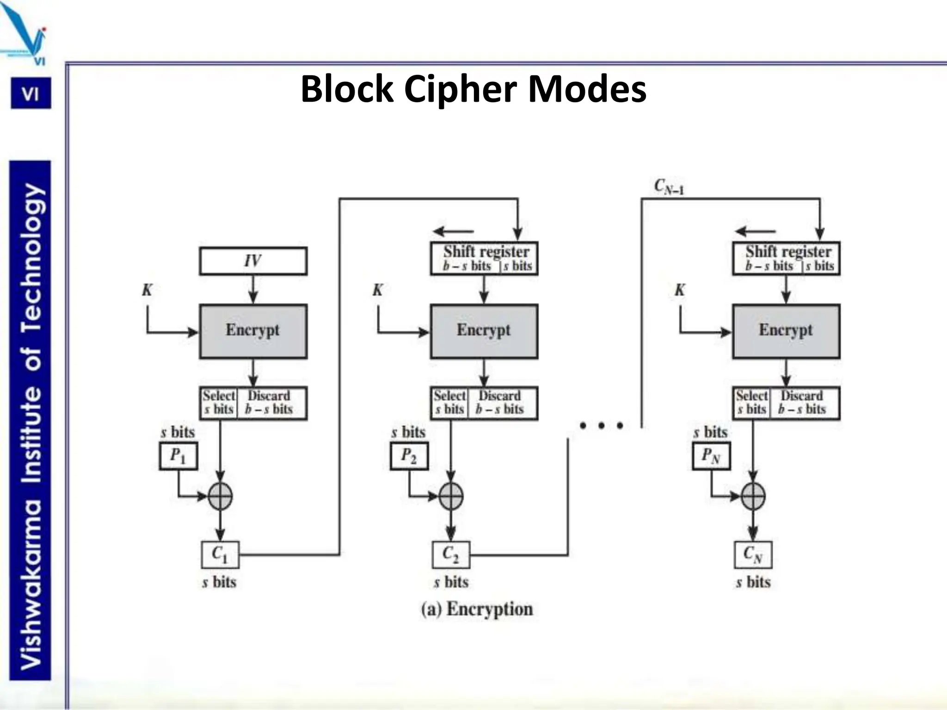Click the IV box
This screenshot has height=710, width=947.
point(253,261)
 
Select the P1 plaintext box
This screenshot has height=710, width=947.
point(178,456)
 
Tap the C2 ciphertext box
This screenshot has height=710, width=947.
point(451,555)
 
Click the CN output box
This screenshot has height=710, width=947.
point(753,555)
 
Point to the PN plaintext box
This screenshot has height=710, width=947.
point(711,456)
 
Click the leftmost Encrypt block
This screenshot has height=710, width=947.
point(253,331)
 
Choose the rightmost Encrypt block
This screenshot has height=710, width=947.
point(786,331)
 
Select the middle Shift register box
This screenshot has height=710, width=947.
point(484,258)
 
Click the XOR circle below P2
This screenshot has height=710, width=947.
point(451,496)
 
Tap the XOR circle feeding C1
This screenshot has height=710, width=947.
point(220,496)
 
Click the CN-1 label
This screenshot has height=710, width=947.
point(669,186)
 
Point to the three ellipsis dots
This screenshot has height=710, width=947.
point(601,425)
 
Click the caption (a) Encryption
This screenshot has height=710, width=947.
point(477,609)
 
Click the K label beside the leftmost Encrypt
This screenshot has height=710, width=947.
point(147,290)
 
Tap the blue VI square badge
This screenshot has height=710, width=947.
point(31,94)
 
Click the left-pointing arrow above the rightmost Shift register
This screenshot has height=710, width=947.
point(756,231)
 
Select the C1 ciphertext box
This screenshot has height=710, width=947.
point(220,555)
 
